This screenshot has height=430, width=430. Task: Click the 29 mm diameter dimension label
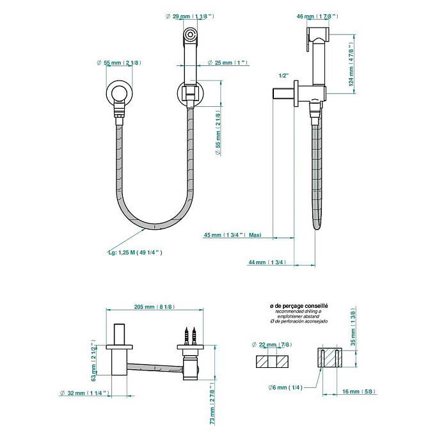coord(190,17)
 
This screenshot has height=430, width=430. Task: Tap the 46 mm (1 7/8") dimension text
coord(317,17)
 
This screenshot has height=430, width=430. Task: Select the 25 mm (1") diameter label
coord(228,63)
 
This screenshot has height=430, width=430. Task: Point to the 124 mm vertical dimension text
coord(351,64)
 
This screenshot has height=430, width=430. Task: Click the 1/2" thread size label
coord(284,76)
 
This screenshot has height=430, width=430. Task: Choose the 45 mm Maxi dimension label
coord(232,235)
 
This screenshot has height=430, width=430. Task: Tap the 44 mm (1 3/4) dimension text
coord(267,262)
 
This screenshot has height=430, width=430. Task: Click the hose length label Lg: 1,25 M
coord(135,253)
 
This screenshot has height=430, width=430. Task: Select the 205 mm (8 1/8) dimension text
coord(154,307)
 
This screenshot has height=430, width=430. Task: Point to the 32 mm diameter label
coord(84,394)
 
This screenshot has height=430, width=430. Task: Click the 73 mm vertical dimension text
coord(212,405)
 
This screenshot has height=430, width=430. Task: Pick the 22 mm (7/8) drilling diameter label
coord(272,345)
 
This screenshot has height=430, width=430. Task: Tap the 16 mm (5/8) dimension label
coord(359,392)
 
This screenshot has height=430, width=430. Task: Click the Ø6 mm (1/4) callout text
coord(285,388)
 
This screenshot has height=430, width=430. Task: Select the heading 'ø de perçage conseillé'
coord(299,306)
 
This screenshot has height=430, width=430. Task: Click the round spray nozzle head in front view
coord(189,35)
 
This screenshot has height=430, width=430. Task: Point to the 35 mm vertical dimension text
coord(353,327)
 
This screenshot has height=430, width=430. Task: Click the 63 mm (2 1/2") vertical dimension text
coord(93,360)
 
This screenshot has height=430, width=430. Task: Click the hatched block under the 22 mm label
coord(272,362)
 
